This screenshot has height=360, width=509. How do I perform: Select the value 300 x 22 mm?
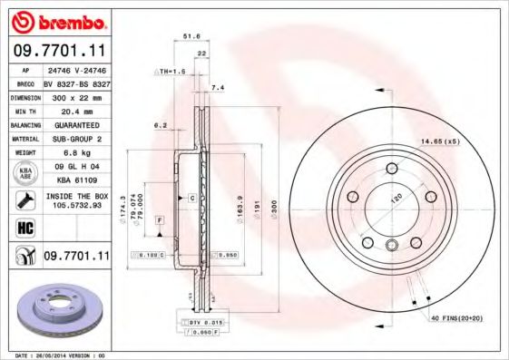(x=74, y=95)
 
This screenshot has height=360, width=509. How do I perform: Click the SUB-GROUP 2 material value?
(x=74, y=138)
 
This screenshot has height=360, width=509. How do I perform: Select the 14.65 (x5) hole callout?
(x=438, y=141)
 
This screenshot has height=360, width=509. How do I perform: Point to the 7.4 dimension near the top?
(x=216, y=87)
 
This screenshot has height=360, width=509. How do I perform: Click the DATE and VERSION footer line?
(x=62, y=355)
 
